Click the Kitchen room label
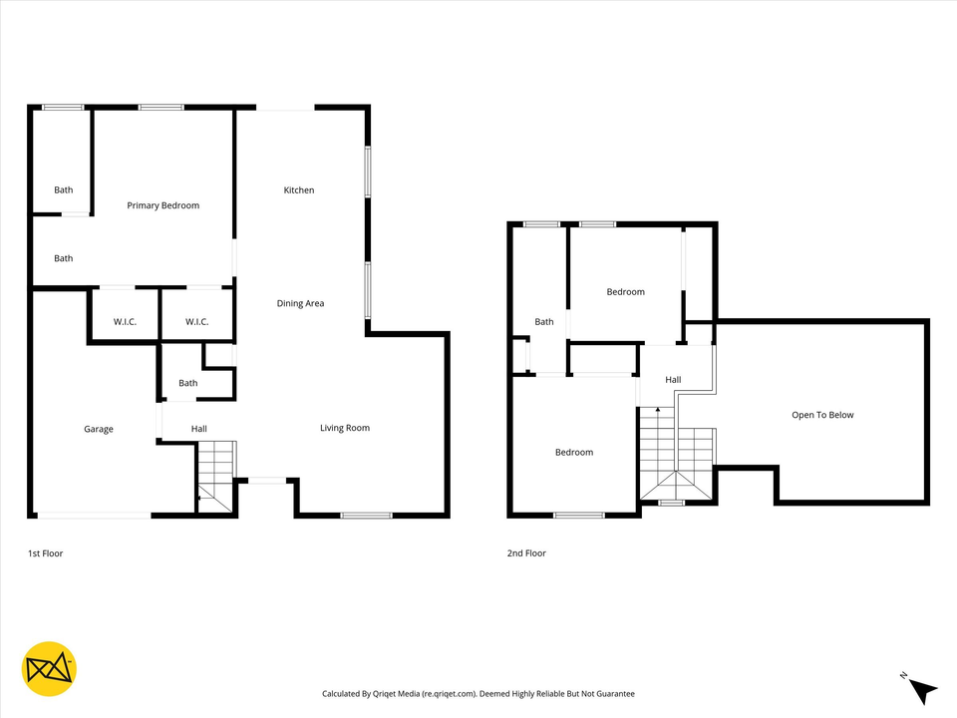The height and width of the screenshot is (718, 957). (x=299, y=190)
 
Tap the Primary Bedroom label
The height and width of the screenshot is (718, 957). (x=163, y=205)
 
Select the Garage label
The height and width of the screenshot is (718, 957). (x=98, y=429)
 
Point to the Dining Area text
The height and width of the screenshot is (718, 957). (x=300, y=303)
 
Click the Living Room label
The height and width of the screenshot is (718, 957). (x=345, y=428)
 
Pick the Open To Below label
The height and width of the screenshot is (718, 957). (x=822, y=415)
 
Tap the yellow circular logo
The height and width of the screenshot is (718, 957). (x=49, y=668)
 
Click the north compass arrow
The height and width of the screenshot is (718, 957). (x=923, y=689)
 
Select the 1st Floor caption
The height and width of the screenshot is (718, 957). (x=45, y=552)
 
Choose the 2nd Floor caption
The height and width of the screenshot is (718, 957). (x=526, y=552)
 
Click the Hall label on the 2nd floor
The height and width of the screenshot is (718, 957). (x=673, y=380)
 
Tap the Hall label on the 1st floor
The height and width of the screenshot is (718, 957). (x=199, y=429)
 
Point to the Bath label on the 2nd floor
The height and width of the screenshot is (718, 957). (x=544, y=322)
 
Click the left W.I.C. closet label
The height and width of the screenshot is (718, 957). (x=125, y=321)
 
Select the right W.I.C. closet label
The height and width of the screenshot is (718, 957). (x=196, y=321)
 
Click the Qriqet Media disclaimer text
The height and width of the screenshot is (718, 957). (x=478, y=693)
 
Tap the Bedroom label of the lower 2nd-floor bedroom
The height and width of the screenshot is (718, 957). (x=574, y=452)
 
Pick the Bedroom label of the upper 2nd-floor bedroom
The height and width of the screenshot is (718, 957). (x=626, y=292)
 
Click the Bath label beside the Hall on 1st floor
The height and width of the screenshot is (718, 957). (x=188, y=383)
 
